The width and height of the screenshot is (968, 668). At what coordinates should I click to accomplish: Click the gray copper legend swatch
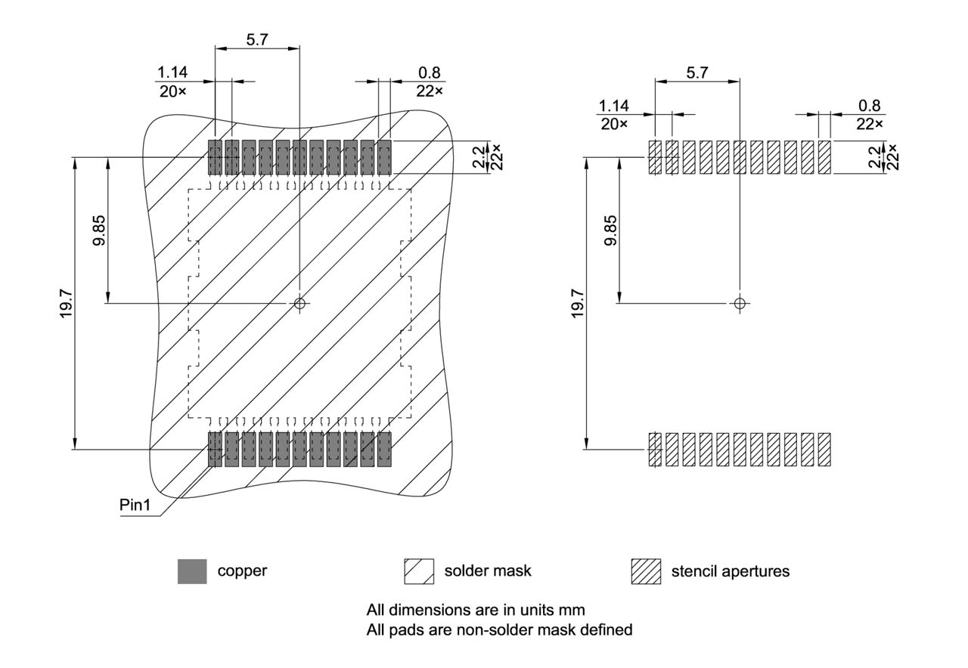[192, 571]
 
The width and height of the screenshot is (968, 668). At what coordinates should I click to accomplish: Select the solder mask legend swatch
[419, 571]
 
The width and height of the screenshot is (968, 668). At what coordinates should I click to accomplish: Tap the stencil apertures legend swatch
[646, 571]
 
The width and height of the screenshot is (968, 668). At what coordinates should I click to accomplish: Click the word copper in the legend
[242, 571]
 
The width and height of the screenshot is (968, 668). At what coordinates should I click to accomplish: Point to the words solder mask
[488, 571]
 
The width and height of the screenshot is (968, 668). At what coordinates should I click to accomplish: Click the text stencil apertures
[730, 571]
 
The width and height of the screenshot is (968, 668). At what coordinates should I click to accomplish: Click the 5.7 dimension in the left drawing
[257, 40]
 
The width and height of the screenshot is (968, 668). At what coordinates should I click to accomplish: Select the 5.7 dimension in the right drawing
[697, 73]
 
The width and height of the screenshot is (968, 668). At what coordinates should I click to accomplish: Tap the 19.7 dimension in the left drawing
[67, 303]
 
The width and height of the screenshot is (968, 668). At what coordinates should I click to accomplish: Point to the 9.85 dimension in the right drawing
[611, 230]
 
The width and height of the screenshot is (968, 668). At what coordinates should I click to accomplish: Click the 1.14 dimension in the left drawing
[172, 73]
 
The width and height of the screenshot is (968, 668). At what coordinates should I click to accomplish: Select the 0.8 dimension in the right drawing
[870, 107]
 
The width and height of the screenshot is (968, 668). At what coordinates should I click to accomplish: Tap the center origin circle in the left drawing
[300, 304]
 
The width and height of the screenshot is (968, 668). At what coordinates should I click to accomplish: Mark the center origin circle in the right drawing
[740, 304]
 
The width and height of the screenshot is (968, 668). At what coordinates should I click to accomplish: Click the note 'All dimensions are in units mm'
[476, 610]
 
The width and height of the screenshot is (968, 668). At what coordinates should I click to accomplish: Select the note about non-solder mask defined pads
[499, 629]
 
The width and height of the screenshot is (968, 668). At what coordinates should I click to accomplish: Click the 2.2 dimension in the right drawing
[875, 157]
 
